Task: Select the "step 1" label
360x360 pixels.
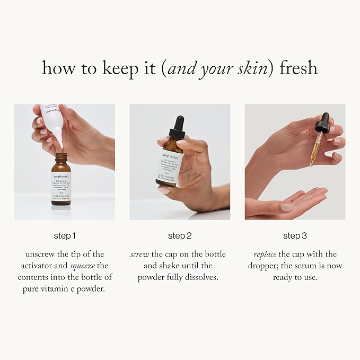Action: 65,235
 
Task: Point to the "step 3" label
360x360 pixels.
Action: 295,235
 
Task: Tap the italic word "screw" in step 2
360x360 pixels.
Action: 139,254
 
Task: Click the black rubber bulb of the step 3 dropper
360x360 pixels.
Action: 322,125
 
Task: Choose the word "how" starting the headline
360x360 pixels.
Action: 55,68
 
